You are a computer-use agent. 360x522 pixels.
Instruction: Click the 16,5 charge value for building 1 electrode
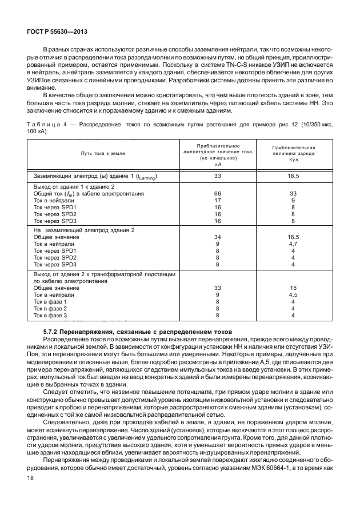click(293, 177)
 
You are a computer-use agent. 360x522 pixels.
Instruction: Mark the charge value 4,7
click(293, 244)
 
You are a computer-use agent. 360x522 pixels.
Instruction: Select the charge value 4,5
click(293, 294)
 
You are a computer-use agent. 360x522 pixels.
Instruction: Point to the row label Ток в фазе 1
click(50, 301)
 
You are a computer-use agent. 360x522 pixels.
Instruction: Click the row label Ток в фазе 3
click(50, 315)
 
